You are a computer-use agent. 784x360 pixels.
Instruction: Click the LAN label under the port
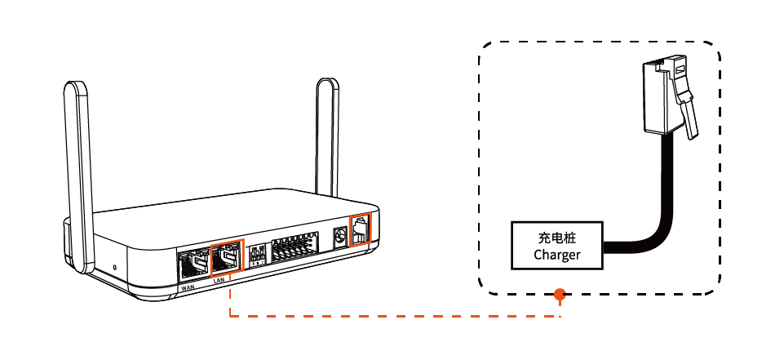tap(219, 280)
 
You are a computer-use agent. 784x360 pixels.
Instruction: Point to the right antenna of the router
tap(327, 139)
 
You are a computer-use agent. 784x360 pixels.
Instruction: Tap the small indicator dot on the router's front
tap(114, 267)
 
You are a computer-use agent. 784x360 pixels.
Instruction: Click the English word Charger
tap(557, 255)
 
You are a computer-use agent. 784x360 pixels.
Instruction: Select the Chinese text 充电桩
tap(557, 238)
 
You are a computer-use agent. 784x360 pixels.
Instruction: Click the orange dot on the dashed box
tap(560, 294)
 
